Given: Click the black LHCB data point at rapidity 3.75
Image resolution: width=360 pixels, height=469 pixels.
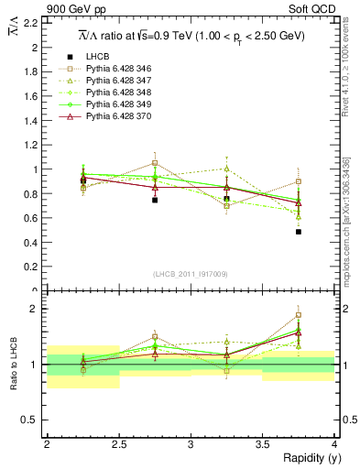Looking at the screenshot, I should (x=299, y=232).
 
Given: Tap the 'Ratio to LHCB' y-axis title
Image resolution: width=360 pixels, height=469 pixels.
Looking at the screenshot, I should (x=14, y=366).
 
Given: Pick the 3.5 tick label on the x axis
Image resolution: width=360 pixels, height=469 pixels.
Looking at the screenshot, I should (x=262, y=444).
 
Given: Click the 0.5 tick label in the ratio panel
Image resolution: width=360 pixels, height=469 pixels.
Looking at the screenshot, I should (x=30, y=420).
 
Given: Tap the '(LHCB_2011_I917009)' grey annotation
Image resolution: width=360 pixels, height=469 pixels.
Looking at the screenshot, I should (x=191, y=274).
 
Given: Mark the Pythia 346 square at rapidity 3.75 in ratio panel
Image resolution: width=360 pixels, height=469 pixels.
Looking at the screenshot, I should (x=299, y=315).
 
